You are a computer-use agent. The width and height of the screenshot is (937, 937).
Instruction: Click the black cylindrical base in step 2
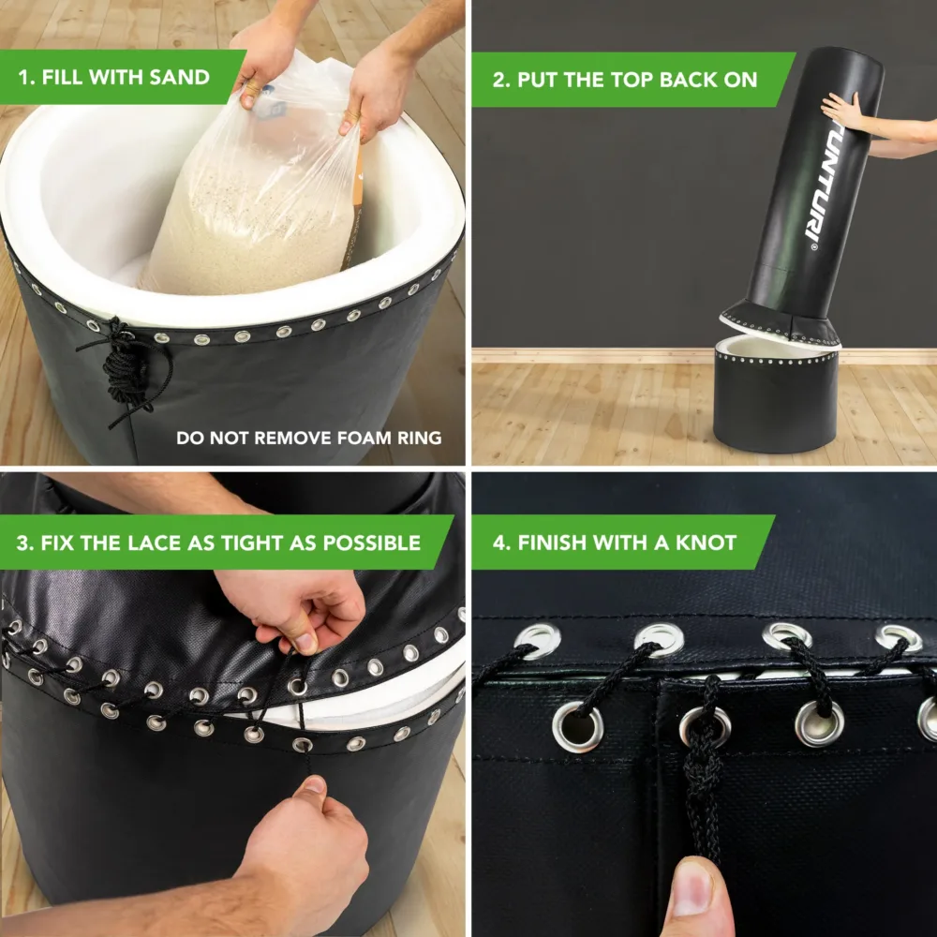click(x=775, y=399)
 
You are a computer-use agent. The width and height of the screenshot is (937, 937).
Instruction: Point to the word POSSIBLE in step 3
click(x=372, y=543)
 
